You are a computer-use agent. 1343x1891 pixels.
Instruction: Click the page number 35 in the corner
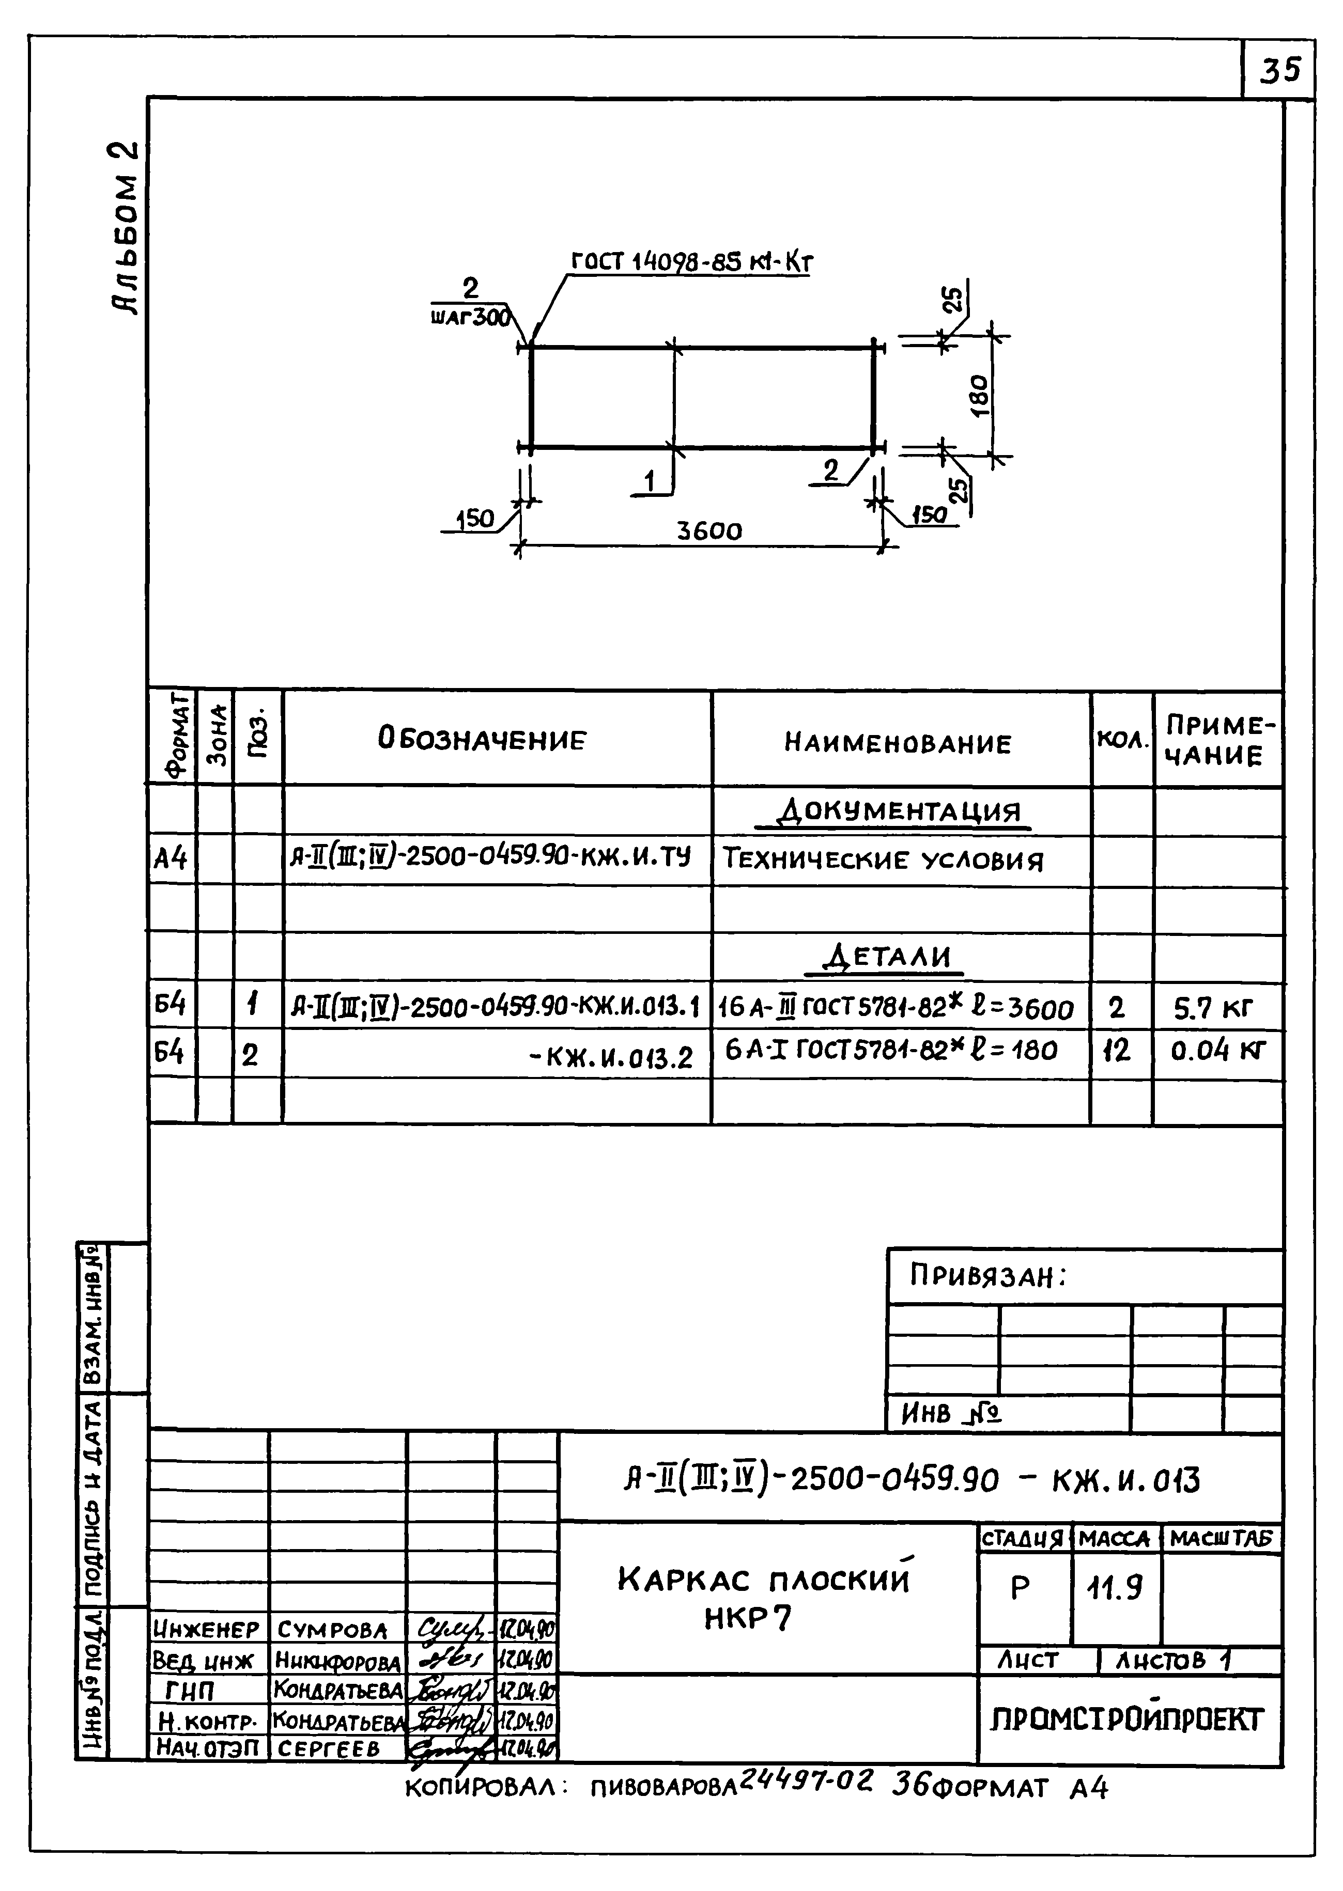[1279, 70]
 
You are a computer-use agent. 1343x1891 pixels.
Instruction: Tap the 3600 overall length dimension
[709, 530]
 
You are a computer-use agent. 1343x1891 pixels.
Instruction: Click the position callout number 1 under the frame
[650, 481]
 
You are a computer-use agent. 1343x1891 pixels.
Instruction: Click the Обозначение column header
[482, 739]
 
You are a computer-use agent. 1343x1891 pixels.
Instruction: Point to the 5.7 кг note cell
[1213, 1008]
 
